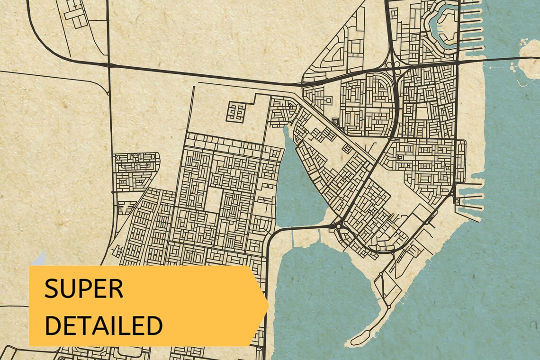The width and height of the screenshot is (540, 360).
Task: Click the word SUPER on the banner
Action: (84, 288)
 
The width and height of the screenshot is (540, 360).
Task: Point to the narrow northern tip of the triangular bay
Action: (286, 130)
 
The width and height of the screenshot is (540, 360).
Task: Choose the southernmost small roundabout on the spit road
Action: (389, 307)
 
